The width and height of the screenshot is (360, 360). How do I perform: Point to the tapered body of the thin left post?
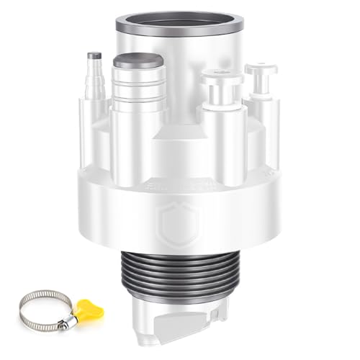tap(94, 83)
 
